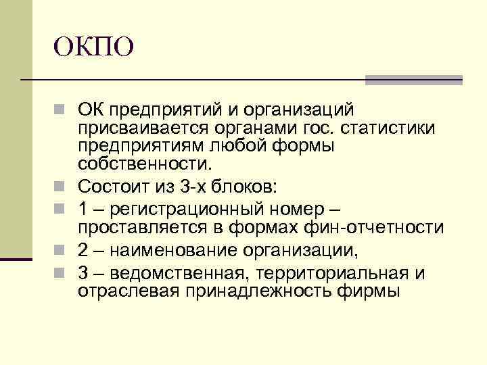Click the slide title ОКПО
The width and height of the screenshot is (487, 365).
(x=95, y=47)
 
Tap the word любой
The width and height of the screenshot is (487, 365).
(x=232, y=145)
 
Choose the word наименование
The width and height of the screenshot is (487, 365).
(x=165, y=251)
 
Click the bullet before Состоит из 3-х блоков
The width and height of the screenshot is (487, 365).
(x=62, y=182)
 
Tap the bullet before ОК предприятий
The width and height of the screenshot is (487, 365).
(x=62, y=109)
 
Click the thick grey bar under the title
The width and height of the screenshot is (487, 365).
(x=413, y=80)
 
